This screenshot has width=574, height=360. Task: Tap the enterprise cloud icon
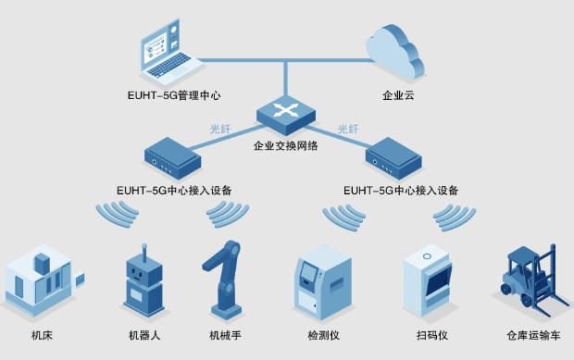coord(393,52)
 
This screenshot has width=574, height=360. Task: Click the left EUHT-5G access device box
coord(172,157)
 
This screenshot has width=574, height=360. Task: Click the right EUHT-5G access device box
coord(400,157)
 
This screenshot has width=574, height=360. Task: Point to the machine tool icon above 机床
coord(43,277)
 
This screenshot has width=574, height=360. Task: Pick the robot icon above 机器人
coord(144,279)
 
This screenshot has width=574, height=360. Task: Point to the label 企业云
coord(396,95)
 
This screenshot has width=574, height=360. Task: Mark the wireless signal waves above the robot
coord(116,215)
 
